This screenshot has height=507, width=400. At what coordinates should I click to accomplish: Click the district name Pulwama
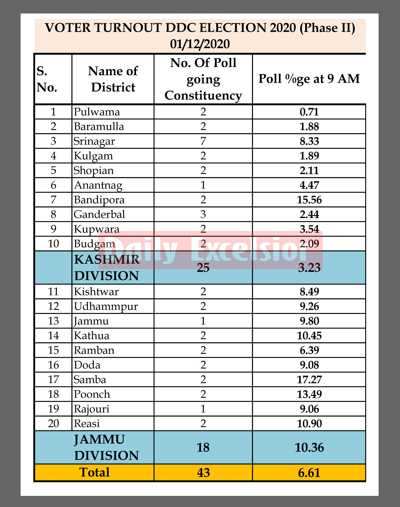97,112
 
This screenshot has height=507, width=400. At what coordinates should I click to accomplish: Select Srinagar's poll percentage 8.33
309,141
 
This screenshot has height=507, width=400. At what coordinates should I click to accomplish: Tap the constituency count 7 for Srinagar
203,141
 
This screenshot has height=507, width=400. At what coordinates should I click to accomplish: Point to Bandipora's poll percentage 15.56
309,200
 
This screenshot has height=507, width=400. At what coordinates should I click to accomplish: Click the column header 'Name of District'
113,79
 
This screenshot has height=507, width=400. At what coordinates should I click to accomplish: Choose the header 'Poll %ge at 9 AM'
309,79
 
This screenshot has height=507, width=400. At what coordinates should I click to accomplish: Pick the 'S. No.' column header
47,79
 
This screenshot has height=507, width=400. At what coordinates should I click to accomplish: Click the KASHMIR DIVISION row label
107,268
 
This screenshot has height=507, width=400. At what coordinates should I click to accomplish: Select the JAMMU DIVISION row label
107,447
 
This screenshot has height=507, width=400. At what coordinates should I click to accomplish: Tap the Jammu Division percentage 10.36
309,447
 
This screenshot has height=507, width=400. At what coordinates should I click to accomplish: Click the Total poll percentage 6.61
309,473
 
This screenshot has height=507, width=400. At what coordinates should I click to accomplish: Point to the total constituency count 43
203,473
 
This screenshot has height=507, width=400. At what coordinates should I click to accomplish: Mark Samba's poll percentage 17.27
309,380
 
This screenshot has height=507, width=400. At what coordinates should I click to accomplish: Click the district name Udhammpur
106,307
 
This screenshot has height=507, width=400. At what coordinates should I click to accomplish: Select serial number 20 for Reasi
53,424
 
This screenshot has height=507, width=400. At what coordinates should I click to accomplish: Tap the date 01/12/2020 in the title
200,44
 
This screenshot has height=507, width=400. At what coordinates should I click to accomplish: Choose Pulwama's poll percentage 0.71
309,112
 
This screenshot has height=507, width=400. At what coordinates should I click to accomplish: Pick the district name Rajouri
92,409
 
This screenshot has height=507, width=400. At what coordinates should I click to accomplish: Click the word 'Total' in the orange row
94,472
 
